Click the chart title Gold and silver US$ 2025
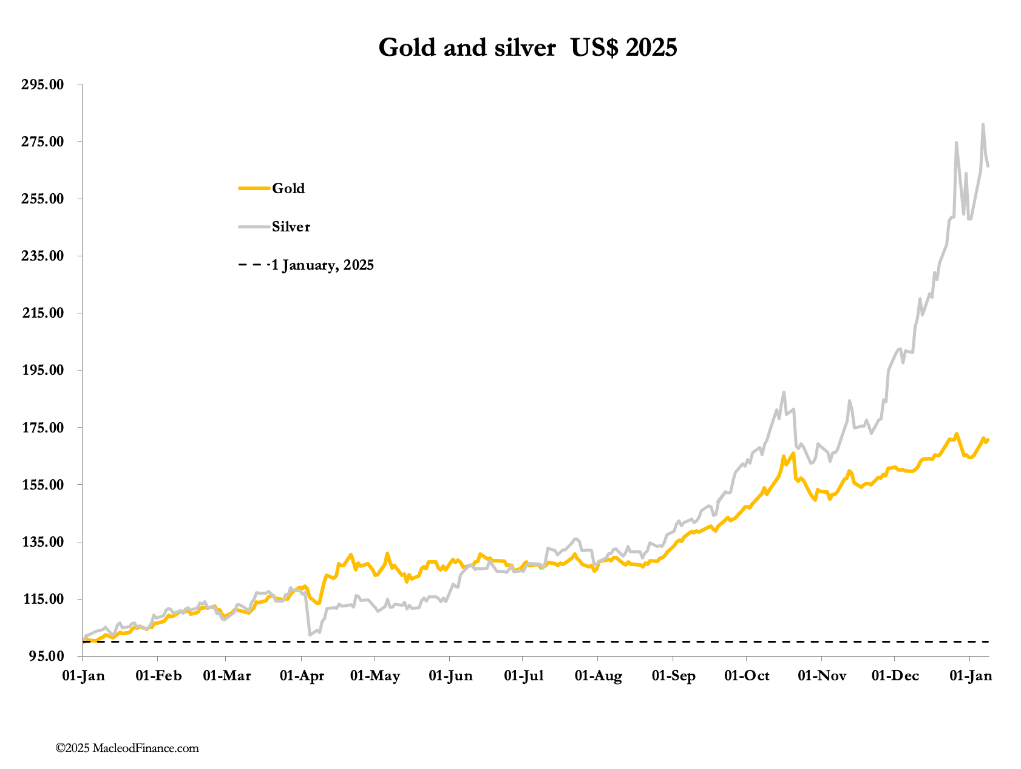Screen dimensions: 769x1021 (527, 47)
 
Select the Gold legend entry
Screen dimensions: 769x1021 (288, 188)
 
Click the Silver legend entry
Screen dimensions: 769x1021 (291, 227)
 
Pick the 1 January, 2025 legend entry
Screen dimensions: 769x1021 (322, 265)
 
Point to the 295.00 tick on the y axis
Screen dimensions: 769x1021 (42, 84)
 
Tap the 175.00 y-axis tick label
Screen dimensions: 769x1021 (42, 428)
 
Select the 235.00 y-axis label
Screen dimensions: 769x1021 (42, 256)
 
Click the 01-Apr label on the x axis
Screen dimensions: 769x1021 (302, 676)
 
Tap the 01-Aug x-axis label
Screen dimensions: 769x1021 (598, 676)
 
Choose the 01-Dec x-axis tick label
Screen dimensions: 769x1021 (895, 676)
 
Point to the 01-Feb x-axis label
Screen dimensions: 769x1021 (158, 676)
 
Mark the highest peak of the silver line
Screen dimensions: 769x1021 (983, 125)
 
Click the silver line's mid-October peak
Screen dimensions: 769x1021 (784, 392)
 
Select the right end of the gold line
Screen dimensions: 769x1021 (988, 439)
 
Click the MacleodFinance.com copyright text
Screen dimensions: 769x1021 (127, 748)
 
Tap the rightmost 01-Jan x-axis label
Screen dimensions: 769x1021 (970, 676)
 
